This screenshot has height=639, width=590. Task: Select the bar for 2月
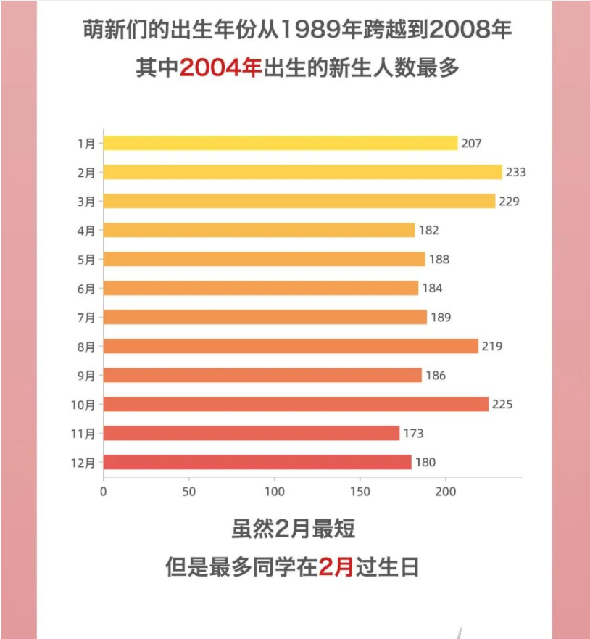click(302, 172)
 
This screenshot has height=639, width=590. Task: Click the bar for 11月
click(251, 433)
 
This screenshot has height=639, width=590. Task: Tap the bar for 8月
click(291, 346)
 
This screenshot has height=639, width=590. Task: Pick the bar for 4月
click(259, 230)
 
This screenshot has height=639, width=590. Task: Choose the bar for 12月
click(257, 462)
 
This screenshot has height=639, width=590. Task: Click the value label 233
click(516, 173)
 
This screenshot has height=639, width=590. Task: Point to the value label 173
click(413, 434)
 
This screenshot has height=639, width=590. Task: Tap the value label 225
click(502, 405)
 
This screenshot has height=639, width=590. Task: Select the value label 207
click(472, 144)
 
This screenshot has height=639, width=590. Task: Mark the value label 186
click(436, 376)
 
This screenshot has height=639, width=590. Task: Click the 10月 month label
click(83, 405)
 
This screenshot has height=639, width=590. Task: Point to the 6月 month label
click(86, 289)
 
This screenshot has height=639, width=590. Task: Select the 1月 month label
click(86, 144)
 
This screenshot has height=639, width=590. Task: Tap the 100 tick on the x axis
click(275, 492)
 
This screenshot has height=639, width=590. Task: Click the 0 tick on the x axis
click(104, 492)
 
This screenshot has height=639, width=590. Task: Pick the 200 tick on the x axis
click(446, 492)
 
